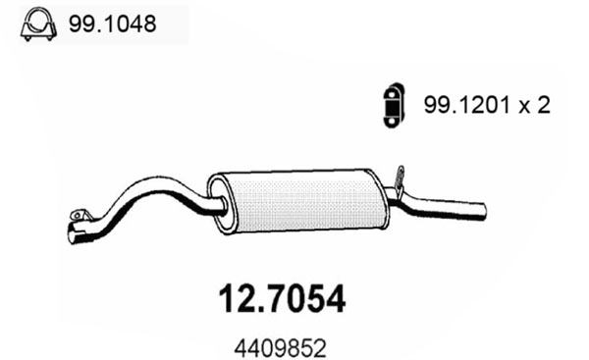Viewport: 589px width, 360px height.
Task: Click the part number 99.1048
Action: pyautogui.click(x=112, y=25)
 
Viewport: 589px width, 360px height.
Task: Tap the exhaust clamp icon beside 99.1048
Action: pyautogui.click(x=38, y=24)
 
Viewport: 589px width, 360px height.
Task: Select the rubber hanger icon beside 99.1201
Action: pyautogui.click(x=394, y=105)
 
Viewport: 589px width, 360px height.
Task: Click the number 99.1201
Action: pyautogui.click(x=467, y=105)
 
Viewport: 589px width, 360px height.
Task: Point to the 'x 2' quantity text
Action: pyautogui.click(x=534, y=105)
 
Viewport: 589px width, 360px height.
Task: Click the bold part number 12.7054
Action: pyautogui.click(x=282, y=299)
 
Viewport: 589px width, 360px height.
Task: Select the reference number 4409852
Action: pyautogui.click(x=280, y=349)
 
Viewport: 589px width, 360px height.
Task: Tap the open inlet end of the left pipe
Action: pyautogui.click(x=74, y=234)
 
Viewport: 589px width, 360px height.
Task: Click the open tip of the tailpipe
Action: pyautogui.click(x=483, y=211)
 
